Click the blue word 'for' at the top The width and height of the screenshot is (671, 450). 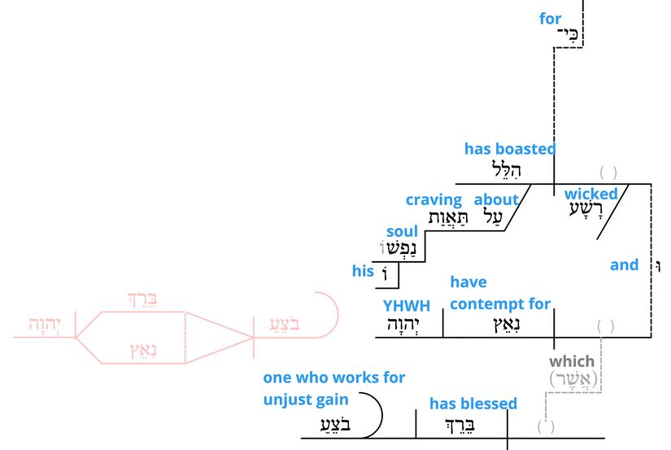[x=551, y=18]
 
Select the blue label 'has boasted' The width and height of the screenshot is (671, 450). [x=510, y=149]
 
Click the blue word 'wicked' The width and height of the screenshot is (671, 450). [x=591, y=194]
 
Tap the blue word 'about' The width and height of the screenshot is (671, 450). [x=496, y=199]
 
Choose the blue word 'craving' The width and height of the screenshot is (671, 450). [x=434, y=199]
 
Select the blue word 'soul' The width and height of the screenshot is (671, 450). [x=402, y=232]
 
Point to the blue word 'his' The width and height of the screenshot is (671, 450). [x=363, y=272]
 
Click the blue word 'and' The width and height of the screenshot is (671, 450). [x=625, y=264]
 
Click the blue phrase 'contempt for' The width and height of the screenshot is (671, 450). [x=499, y=304]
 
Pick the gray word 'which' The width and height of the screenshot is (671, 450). [x=572, y=360]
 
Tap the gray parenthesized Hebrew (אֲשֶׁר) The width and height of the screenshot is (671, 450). [x=573, y=379]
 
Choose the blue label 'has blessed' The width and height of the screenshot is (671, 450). [x=473, y=404]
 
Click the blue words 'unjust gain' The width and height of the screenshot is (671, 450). [x=305, y=400]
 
